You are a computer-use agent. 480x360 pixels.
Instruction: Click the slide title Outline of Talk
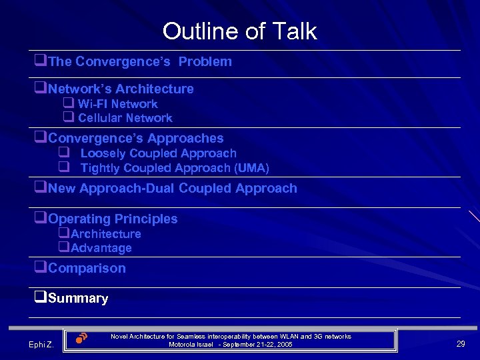click(239, 31)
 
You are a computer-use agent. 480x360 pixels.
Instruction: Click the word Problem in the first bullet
click(205, 62)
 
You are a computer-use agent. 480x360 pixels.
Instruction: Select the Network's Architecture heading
click(121, 89)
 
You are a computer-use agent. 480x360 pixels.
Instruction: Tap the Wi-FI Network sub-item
click(117, 104)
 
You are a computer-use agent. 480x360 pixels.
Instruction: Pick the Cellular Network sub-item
click(125, 118)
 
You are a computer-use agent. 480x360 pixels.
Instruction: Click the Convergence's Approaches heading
click(136, 139)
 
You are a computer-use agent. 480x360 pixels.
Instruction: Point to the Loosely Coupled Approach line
click(158, 153)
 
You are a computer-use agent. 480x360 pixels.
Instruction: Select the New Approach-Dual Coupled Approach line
click(173, 189)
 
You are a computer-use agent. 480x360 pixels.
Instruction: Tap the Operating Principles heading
click(113, 219)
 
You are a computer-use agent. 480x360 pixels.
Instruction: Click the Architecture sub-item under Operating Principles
click(105, 234)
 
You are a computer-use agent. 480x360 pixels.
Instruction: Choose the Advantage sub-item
click(101, 248)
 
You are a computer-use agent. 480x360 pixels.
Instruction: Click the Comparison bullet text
click(87, 269)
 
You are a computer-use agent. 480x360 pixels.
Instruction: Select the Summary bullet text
click(78, 299)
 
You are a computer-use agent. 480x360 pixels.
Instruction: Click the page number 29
click(460, 343)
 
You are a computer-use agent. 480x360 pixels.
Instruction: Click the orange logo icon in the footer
click(81, 337)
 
